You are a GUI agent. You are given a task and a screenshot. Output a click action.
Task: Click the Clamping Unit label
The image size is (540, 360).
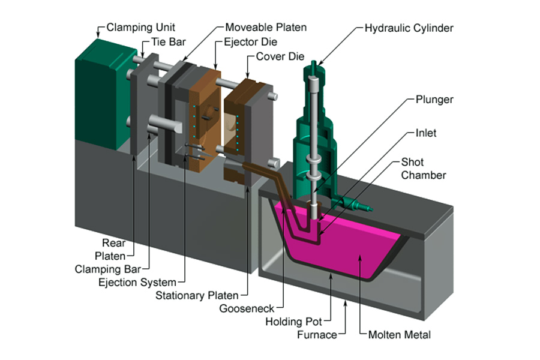point(142,28)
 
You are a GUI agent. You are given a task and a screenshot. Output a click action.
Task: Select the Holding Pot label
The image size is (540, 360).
point(291,322)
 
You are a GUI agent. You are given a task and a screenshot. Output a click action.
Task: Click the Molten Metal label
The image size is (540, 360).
point(399,335)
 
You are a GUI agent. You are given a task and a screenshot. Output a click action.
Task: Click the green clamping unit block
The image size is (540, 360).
point(99,90)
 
